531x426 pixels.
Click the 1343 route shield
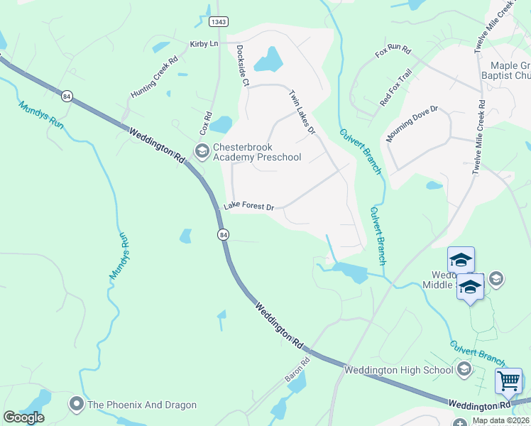coord(219,23)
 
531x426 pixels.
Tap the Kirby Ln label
coord(203,44)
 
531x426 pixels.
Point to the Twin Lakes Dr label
coord(301,112)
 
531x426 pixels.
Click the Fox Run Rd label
coord(393,51)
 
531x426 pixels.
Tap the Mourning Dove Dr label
coord(412,124)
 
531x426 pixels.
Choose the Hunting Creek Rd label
coord(151,84)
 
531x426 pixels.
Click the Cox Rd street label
coord(206,124)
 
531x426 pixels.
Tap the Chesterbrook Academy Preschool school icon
coord(202,150)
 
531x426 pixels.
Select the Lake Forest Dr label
coord(248,207)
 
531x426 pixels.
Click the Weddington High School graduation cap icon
coord(464,369)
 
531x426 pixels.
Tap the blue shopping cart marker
coord(508,381)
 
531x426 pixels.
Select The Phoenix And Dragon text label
coord(141,405)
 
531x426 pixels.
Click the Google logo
coord(24,417)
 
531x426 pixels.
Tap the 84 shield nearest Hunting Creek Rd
coord(67,96)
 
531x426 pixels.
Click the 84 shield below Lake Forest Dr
coord(223,234)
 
